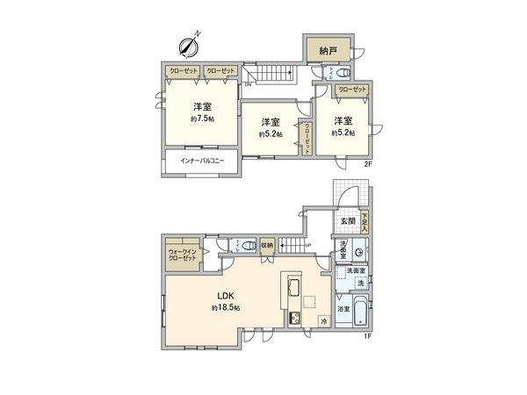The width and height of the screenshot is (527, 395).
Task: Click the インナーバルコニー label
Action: click(202, 162)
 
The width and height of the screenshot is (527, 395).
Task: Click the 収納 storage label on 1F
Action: click(267, 246)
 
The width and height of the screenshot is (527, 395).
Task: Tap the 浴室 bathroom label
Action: click(343, 309)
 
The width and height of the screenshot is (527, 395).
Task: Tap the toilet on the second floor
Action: click(346, 72)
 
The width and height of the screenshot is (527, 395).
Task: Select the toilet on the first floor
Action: click(249, 246)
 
